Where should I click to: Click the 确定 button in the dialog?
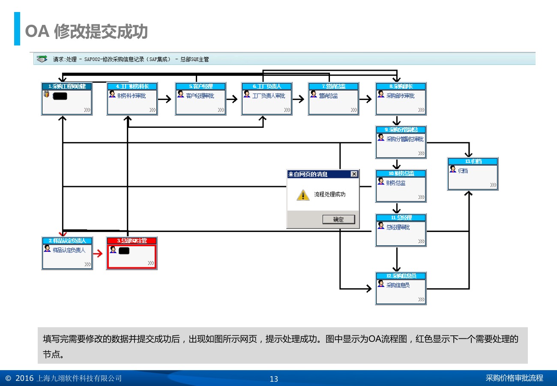[x=338, y=220]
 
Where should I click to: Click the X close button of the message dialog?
[x=354, y=174]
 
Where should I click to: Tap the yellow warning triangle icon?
[x=303, y=195]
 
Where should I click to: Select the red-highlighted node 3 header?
[x=132, y=241]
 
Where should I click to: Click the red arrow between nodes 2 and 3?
[x=98, y=253]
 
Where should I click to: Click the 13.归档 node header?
[x=473, y=161]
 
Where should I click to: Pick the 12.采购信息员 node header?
[x=401, y=276]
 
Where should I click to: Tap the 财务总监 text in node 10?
[x=396, y=183]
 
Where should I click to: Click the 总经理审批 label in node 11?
[x=398, y=227]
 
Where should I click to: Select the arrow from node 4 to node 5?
[x=165, y=99]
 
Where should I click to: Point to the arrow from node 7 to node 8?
[x=365, y=99]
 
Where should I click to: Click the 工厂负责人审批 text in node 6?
[x=269, y=96]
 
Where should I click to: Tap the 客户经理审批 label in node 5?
[x=200, y=96]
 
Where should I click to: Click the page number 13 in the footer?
[x=274, y=379]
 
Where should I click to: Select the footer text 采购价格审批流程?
[x=514, y=378]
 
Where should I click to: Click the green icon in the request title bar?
[x=42, y=59]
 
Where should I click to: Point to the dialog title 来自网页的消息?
[x=308, y=174]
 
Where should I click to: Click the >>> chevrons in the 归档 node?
[x=493, y=185]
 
